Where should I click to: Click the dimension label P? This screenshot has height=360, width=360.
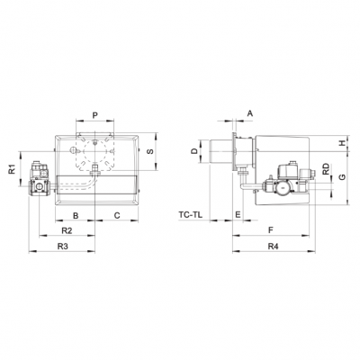click(x=95, y=116)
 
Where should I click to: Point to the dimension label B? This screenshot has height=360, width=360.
click(x=76, y=215)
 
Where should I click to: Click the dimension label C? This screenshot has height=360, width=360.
click(x=118, y=215)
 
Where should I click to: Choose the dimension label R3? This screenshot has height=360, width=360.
click(x=63, y=245)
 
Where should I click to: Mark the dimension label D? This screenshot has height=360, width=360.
click(x=193, y=153)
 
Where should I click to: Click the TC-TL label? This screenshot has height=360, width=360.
click(x=190, y=215)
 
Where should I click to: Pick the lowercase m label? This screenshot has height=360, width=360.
click(x=238, y=214)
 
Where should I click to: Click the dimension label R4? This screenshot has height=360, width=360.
click(x=273, y=245)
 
